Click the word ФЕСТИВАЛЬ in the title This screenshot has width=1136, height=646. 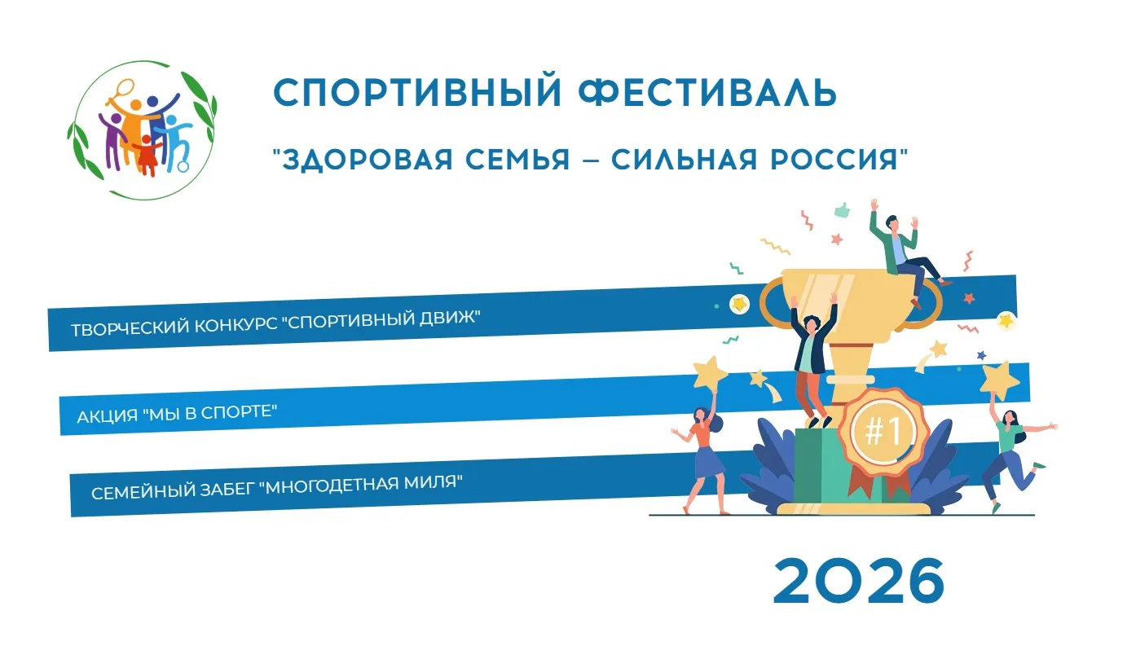pyautogui.click(x=707, y=92)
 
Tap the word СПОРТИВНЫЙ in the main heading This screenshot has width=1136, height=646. pyautogui.click(x=418, y=92)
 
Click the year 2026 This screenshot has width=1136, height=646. pyautogui.click(x=859, y=581)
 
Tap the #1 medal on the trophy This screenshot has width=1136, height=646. pyautogui.click(x=883, y=432)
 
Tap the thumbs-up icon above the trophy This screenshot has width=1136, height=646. pyautogui.click(x=843, y=209)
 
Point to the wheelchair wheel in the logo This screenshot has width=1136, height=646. pyautogui.click(x=183, y=165)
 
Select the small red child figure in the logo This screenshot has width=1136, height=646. pyautogui.click(x=147, y=155)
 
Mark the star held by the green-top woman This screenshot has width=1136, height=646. pyautogui.click(x=998, y=380)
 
